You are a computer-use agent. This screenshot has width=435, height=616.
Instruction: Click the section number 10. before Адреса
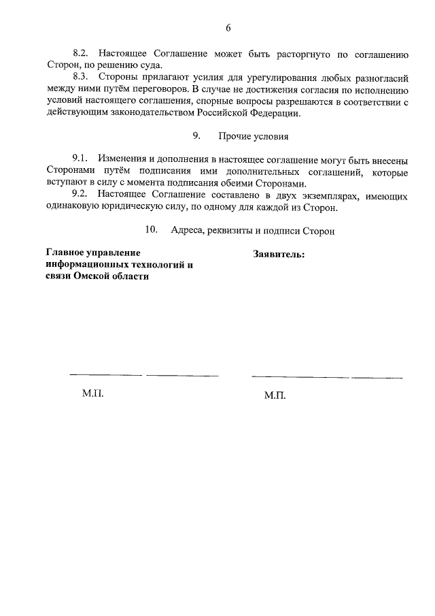pyautogui.click(x=152, y=231)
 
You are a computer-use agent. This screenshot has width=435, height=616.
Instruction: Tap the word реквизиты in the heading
pyautogui.click(x=234, y=231)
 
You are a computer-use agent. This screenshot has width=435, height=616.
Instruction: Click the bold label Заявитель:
pyautogui.click(x=279, y=254)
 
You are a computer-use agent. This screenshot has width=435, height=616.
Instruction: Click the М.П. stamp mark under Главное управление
pyautogui.click(x=92, y=393)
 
